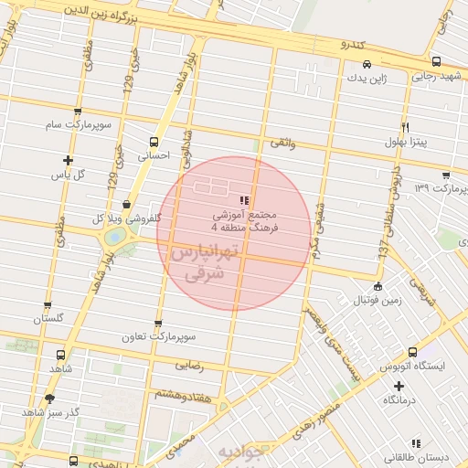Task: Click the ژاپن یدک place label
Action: (367, 79)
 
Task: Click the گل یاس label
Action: (67, 174)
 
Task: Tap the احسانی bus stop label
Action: (153, 156)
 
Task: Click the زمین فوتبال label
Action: (378, 300)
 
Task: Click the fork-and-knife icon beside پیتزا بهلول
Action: (404, 126)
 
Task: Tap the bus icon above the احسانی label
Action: (153, 142)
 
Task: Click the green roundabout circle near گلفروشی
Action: (116, 237)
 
